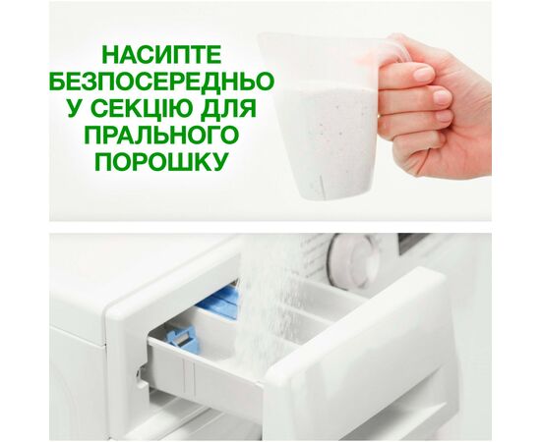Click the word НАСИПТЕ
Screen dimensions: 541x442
[162, 54]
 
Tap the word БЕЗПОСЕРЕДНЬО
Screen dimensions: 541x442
[162, 81]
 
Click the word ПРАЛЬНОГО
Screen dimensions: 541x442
[161, 135]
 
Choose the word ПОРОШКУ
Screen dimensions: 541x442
[162, 161]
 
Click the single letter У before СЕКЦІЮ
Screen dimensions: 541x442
[76, 108]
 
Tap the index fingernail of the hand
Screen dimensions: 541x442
[423, 74]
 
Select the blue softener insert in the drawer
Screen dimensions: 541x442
[219, 301]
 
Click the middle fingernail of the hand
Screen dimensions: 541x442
[442, 97]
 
